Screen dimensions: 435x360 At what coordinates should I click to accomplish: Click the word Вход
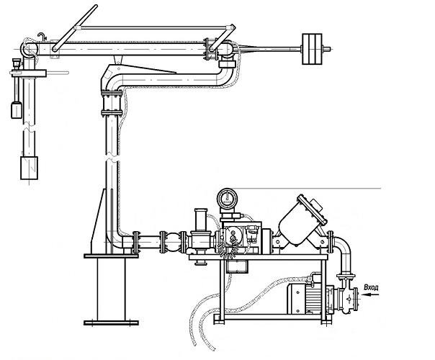point(371,287)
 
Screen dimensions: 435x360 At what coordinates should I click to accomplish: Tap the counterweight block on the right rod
point(312,49)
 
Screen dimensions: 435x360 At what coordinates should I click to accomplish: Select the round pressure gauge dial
point(227,198)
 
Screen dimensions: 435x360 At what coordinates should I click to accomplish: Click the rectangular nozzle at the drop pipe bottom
point(29,168)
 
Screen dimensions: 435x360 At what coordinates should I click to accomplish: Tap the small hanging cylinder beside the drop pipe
point(17,110)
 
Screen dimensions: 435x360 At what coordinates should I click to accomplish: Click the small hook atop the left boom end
point(41,35)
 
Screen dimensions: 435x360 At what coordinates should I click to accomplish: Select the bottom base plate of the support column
point(111,323)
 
